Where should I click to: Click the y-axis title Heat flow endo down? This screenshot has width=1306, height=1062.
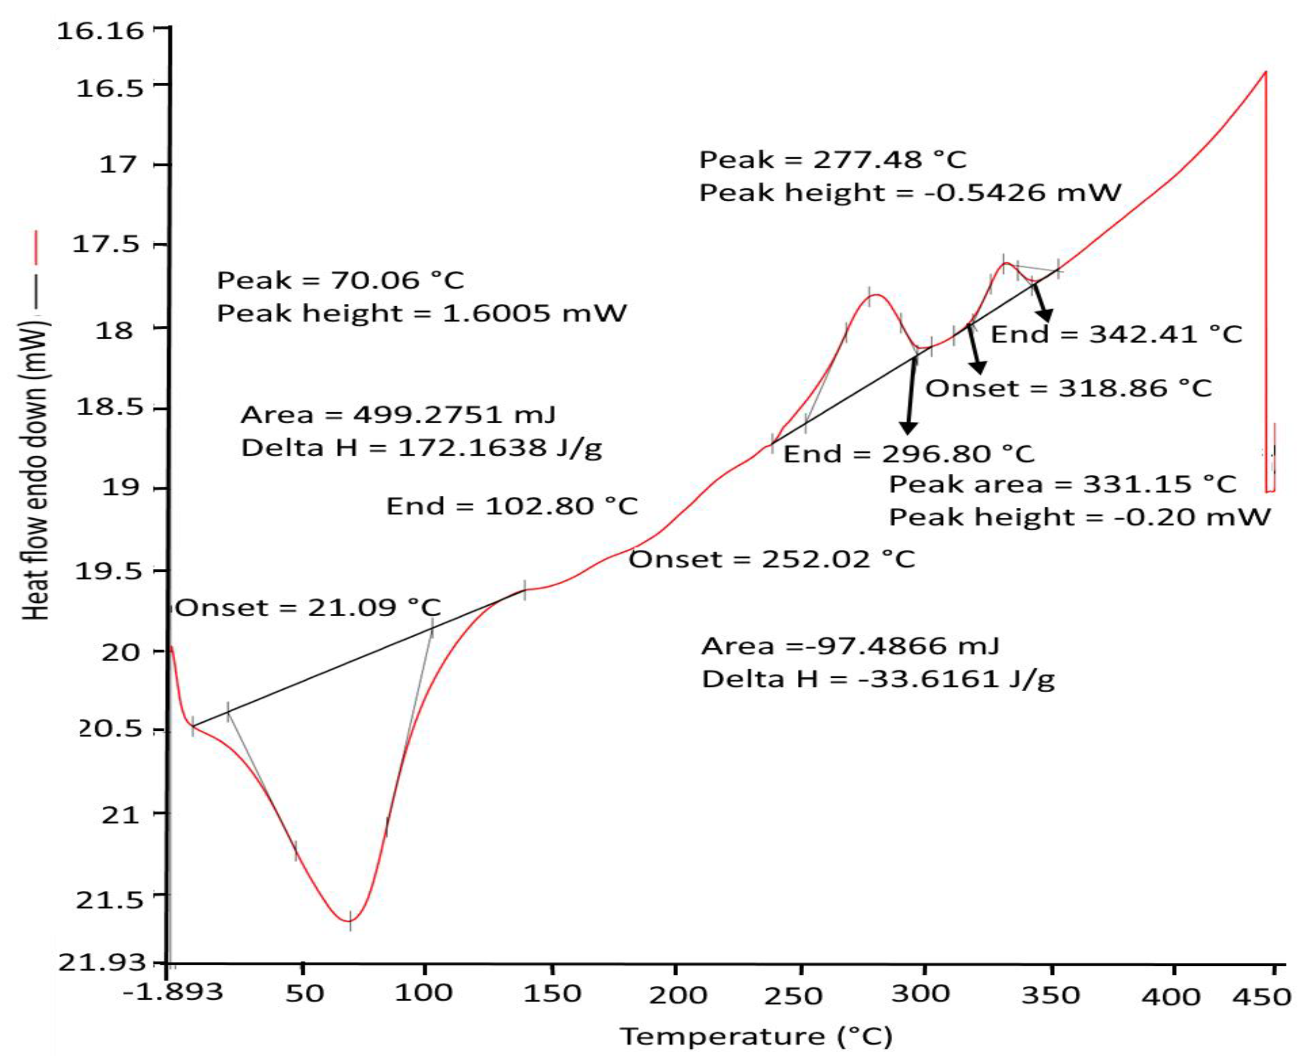point(35,468)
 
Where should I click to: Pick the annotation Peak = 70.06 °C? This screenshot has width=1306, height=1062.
point(341,281)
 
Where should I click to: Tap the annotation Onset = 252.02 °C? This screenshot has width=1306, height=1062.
point(772,559)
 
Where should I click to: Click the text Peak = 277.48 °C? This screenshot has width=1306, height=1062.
point(833,160)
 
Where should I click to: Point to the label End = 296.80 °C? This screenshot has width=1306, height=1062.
point(909,454)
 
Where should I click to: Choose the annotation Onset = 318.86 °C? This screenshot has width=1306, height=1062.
point(1068,388)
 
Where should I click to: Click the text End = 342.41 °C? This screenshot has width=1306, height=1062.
point(1116,334)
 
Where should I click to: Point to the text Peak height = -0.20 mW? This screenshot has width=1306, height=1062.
point(1079,518)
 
